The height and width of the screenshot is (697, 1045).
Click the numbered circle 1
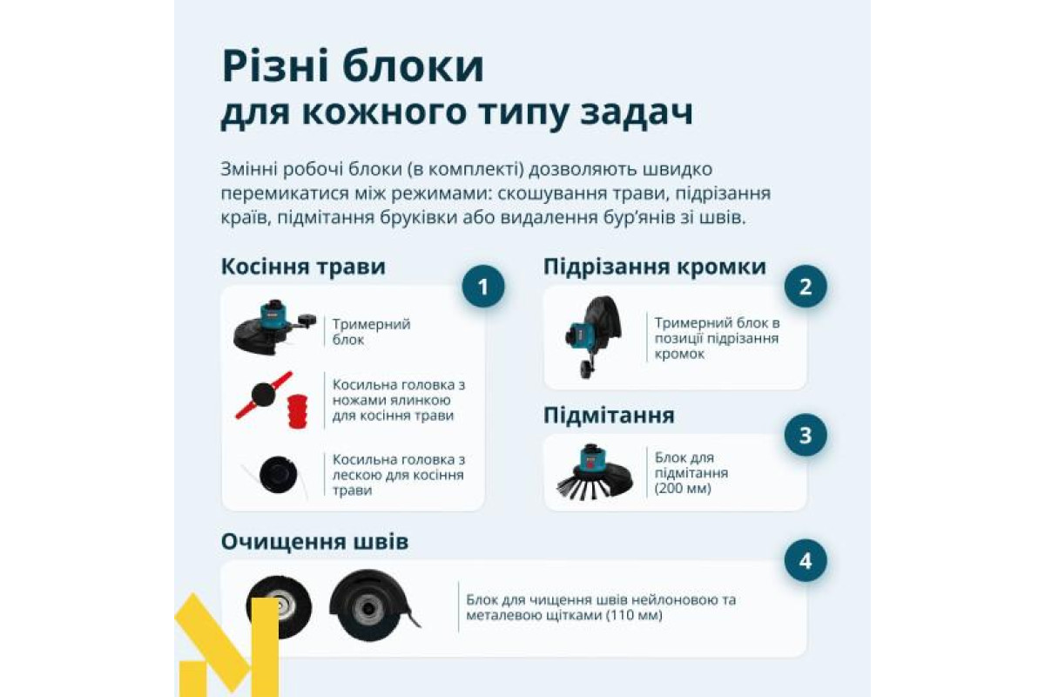click(482, 286)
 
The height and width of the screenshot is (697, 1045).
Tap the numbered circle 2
click(806, 286)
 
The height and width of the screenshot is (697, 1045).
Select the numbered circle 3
click(806, 435)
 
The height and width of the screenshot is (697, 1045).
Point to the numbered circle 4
click(806, 560)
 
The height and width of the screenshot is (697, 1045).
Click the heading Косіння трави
click(303, 267)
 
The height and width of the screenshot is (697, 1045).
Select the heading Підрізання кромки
click(655, 267)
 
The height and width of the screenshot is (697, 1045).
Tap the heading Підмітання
click(609, 415)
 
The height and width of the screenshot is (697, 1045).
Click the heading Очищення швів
click(314, 542)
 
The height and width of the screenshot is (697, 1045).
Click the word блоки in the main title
click(413, 66)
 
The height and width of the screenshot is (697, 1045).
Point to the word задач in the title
click(637, 112)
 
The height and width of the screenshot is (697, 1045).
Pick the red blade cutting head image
click(264, 396)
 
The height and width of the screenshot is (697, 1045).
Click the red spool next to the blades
click(298, 411)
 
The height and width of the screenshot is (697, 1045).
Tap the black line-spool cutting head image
click(278, 475)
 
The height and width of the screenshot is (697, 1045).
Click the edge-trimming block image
click(593, 336)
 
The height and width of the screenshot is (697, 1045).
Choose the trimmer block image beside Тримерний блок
click(274, 328)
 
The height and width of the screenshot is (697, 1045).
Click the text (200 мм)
click(683, 489)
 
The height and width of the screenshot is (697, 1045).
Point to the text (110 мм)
click(634, 615)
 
